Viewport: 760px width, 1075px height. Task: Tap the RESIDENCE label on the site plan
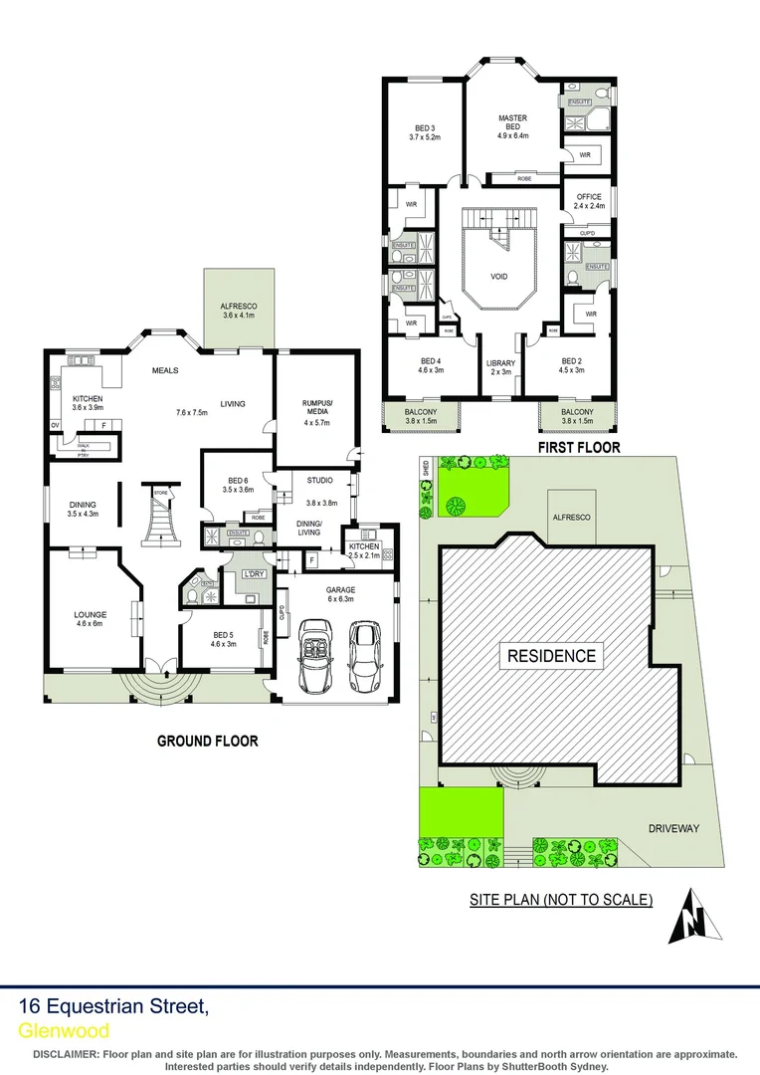552,656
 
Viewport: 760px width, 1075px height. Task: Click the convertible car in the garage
316,656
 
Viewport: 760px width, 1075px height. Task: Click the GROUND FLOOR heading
208,741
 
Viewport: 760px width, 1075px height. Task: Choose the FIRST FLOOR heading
578,448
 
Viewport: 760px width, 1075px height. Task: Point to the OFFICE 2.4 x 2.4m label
589,202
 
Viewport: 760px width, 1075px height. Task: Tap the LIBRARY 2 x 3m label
499,367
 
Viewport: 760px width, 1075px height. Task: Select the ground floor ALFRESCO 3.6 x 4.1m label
239,311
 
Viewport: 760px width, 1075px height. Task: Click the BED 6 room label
239,485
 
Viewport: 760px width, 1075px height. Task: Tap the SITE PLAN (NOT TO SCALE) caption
561,900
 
